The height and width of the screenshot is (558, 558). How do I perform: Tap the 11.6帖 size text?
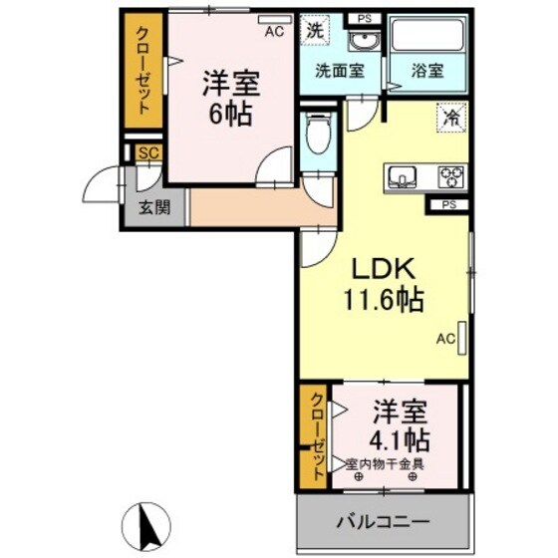coord(384,297)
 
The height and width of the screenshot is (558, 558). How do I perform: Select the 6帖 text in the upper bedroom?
coord(228,111)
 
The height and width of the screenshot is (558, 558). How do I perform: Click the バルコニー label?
coord(383,521)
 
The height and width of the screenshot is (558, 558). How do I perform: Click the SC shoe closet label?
coord(148,152)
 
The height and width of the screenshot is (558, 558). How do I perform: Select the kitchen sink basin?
coord(405,176)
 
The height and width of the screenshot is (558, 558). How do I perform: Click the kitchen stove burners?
coord(453,176)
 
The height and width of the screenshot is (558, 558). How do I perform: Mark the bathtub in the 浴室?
coord(428,36)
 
